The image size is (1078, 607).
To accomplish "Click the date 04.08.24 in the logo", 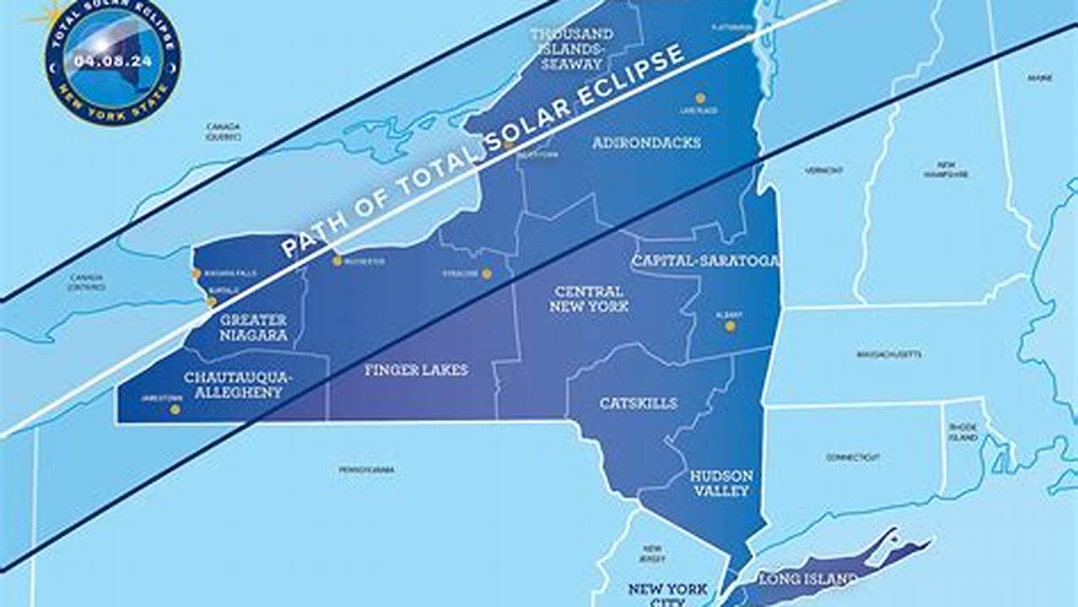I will tap(113, 61).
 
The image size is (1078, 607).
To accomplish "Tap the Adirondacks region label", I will tap(646, 142).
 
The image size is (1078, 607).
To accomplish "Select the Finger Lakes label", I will tap(416, 370).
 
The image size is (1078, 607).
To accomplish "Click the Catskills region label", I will tap(638, 404).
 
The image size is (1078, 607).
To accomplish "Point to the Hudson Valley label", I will tap(721, 483).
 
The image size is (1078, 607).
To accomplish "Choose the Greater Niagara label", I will tap(254, 328).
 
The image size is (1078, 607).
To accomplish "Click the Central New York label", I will tap(589, 299).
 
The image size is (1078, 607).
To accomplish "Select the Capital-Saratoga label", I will tap(705, 261).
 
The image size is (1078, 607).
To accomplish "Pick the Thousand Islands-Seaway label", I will tap(571, 48).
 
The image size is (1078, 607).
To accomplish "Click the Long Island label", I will tap(808, 579).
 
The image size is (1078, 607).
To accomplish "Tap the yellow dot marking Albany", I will tap(730, 326).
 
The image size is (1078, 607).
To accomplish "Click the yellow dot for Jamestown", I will tap(175, 410).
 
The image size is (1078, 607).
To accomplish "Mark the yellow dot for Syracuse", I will tap(487, 273).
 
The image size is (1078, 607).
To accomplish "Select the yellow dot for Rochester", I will tap(337, 261).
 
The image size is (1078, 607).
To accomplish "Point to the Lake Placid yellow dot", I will tap(700, 98).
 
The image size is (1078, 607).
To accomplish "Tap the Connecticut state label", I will tap(853, 458).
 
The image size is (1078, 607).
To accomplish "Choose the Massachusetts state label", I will tap(888, 354).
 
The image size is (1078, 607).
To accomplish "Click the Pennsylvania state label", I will tap(367, 470).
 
